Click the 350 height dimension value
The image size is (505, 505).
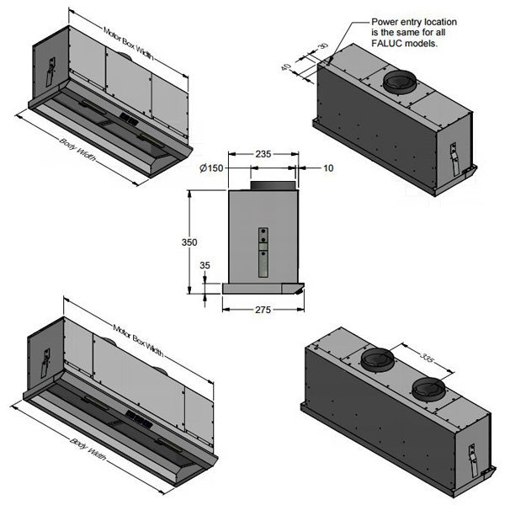[x=190, y=242]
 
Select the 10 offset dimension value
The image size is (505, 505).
[x=328, y=168]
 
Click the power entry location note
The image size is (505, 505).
[x=404, y=31]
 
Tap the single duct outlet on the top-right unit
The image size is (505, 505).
[x=401, y=82]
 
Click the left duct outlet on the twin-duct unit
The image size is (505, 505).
[x=378, y=363]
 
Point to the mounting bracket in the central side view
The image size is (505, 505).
[x=263, y=251]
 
